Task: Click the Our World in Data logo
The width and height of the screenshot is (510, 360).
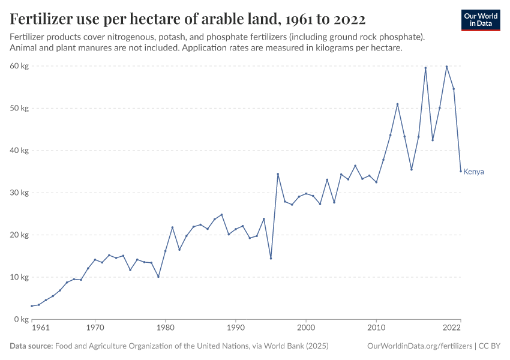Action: tap(481, 20)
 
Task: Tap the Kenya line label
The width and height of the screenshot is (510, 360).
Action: tap(473, 172)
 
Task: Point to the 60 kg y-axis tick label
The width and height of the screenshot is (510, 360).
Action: tap(20, 66)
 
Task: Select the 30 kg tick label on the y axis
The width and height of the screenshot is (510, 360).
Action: tap(20, 193)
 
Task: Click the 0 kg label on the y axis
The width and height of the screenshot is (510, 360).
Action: tap(22, 319)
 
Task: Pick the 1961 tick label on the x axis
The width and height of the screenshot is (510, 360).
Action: tap(40, 329)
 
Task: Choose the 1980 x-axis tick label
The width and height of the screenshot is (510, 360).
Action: tap(165, 329)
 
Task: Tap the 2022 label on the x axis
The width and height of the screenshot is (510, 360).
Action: tap(452, 329)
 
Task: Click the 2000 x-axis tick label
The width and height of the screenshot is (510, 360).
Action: tap(306, 329)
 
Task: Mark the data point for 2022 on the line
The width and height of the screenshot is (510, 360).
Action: tap(461, 171)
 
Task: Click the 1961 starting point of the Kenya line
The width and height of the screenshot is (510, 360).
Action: tap(32, 306)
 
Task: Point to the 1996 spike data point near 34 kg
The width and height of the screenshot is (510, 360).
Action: tap(278, 174)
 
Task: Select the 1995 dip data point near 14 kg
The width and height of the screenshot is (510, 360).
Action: tap(271, 258)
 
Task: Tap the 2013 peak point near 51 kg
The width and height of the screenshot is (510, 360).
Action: tap(397, 104)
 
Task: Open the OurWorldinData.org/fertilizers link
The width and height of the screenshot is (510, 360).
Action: tap(419, 346)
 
